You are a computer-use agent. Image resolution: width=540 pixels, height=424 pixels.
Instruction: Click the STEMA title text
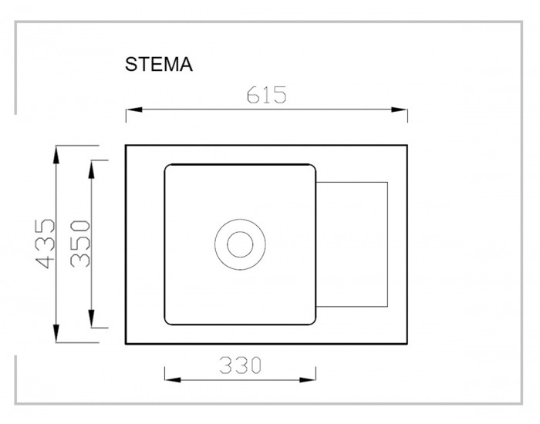click(x=159, y=64)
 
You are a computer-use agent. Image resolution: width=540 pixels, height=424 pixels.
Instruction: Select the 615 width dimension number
click(x=267, y=95)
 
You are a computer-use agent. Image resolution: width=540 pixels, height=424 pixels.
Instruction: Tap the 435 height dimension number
click(x=46, y=244)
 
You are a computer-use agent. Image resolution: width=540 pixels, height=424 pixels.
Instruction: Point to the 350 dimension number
click(x=80, y=244)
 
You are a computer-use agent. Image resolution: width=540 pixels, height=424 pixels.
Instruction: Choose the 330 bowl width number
click(x=241, y=365)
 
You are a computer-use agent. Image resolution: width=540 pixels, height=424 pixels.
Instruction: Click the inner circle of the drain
click(x=240, y=244)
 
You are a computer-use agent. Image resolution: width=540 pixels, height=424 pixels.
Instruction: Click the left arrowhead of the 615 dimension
click(x=134, y=109)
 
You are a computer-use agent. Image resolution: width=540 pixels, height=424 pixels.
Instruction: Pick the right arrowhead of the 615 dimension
click(x=400, y=109)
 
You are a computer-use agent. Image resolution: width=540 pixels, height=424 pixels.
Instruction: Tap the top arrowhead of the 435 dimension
click(x=56, y=154)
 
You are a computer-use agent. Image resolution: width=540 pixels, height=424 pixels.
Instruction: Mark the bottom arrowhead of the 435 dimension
click(x=56, y=334)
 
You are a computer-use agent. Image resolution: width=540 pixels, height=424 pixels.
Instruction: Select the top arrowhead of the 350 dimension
click(x=91, y=170)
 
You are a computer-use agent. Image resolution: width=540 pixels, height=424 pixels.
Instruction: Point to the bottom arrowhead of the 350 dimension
click(x=91, y=318)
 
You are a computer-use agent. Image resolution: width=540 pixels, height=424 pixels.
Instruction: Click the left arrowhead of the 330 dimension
click(x=173, y=380)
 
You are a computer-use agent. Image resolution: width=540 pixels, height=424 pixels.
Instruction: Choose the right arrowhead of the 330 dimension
click(x=308, y=380)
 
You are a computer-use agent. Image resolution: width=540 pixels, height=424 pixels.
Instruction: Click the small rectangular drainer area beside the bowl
click(x=352, y=244)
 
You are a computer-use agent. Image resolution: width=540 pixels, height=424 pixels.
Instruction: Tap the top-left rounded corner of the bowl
click(x=167, y=167)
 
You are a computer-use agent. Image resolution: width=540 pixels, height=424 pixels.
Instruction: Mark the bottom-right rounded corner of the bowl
click(x=313, y=322)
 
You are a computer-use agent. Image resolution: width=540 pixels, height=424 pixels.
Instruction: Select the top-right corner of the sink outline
click(x=407, y=145)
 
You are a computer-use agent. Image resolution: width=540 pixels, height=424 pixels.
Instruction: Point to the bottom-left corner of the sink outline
click(x=126, y=344)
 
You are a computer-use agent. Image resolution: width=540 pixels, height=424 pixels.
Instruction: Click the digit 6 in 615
click(x=253, y=95)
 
